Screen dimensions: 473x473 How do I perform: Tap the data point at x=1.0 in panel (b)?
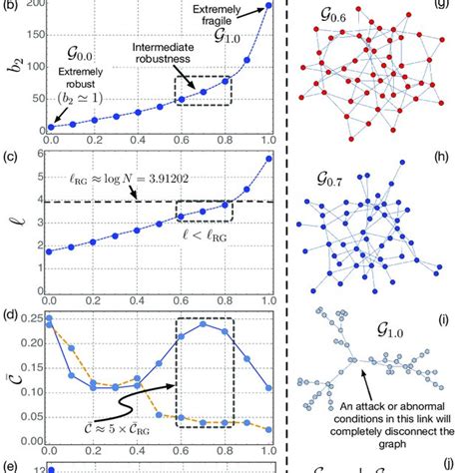(267, 7)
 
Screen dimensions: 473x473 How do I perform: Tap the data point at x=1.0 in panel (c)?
(267, 159)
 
